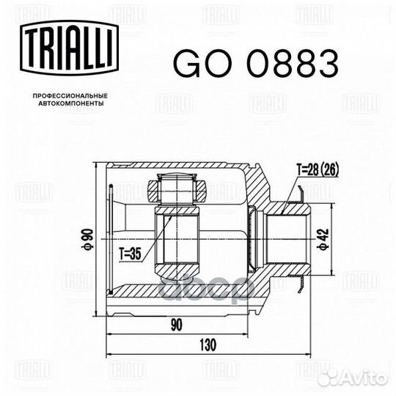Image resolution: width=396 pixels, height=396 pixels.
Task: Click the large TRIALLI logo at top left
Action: [x=70, y=48]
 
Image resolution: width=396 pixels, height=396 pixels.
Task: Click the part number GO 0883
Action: [x=256, y=64]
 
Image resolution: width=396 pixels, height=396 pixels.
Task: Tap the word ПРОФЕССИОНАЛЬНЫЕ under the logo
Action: [x=70, y=96]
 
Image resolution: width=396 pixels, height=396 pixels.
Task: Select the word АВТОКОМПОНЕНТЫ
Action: [x=71, y=103]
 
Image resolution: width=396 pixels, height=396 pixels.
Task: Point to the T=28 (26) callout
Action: [x=318, y=170]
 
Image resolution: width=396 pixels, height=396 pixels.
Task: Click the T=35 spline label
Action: [x=131, y=254]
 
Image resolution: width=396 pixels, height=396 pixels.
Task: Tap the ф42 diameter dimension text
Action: [x=323, y=239]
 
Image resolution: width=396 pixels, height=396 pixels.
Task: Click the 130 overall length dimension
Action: [x=208, y=345]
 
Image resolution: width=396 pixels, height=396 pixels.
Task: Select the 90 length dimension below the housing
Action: [x=176, y=325]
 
